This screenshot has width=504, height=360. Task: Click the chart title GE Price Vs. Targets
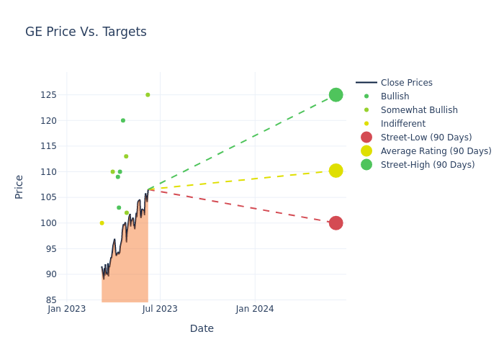point(86,32)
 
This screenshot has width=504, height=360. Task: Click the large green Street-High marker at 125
point(336,95)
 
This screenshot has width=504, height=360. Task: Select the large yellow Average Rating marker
point(336,171)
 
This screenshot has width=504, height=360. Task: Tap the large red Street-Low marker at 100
point(336,223)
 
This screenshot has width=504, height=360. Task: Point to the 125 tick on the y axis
point(48,95)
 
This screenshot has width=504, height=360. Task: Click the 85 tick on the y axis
point(51,300)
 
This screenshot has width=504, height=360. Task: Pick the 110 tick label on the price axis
point(48,172)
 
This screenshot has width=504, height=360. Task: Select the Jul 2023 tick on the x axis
point(160,309)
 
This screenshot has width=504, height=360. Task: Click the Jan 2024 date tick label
point(255,309)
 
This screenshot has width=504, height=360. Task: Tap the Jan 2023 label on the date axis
point(67,309)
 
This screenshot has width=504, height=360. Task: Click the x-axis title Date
point(202,328)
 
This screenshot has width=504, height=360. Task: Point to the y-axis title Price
point(19,186)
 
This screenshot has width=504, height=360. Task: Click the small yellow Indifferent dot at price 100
point(102,223)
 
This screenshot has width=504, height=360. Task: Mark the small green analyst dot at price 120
point(123,120)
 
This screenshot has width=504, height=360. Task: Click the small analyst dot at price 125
point(148,95)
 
